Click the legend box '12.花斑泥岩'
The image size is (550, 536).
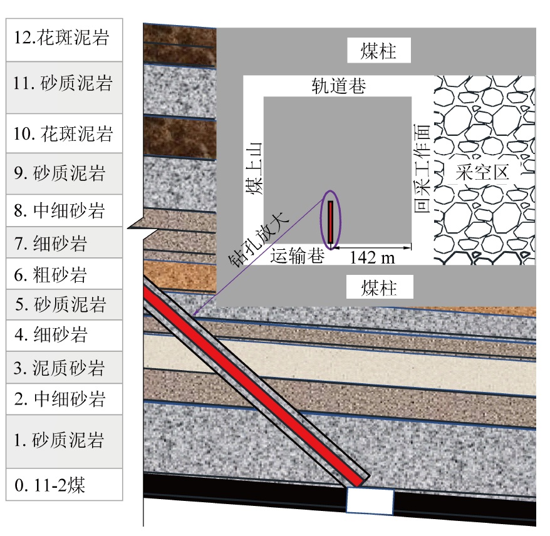point(64,39)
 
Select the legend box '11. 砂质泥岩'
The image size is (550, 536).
point(64,87)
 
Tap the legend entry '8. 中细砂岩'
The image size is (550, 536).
point(64,211)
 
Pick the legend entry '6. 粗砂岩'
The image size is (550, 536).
point(64,274)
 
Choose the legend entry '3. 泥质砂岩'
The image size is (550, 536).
point(64,368)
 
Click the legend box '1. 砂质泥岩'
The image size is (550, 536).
point(64,441)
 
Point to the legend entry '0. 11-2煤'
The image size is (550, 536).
point(64,485)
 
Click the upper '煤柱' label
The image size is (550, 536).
point(379,51)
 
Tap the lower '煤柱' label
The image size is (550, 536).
point(379,288)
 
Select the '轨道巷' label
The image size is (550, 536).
point(339,86)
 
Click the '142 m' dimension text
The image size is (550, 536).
point(372,257)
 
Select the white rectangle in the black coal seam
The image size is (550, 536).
point(370,502)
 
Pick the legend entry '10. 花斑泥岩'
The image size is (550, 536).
point(64,133)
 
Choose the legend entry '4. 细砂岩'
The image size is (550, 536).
point(64,336)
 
